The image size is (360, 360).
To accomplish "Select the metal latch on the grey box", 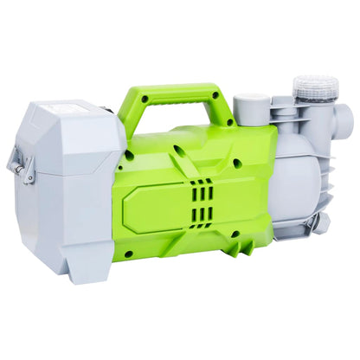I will (16, 164).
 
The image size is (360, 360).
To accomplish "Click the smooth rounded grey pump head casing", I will (299, 186).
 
